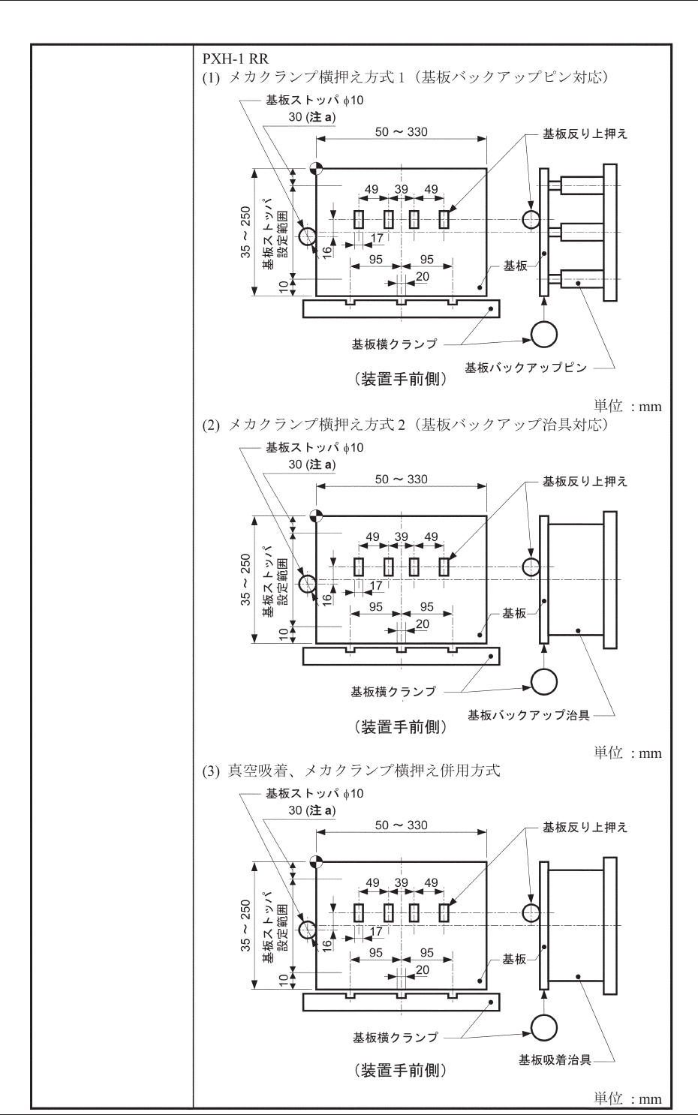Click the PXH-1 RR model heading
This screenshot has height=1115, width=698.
[x=235, y=58]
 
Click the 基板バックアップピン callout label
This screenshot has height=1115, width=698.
[x=525, y=368]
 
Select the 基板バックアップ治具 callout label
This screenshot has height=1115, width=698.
[x=528, y=715]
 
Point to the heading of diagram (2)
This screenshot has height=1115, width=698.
[x=405, y=425]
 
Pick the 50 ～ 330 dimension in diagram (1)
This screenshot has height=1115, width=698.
[x=402, y=132]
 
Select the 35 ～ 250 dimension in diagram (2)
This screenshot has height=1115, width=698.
[x=246, y=579]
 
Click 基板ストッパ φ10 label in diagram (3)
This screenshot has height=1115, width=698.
[x=314, y=793]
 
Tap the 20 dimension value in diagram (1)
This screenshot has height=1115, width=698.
[x=423, y=277]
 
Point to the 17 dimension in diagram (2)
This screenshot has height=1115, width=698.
[x=376, y=586]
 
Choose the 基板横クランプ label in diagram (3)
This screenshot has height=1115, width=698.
[x=396, y=1037]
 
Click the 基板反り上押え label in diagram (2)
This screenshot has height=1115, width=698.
[x=585, y=481]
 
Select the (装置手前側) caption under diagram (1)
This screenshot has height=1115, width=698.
[x=401, y=379]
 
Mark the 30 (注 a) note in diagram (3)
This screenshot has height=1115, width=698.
[x=312, y=810]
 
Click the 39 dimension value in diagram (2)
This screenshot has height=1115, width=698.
[x=402, y=537]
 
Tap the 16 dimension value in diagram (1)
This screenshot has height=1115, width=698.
[x=326, y=252]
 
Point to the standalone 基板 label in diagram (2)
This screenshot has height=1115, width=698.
[x=514, y=613]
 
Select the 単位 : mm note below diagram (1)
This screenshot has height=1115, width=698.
[x=627, y=406]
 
